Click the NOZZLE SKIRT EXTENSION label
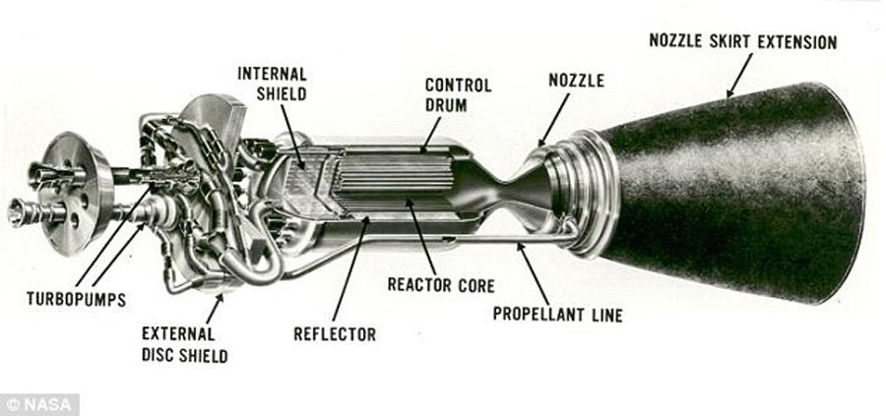coord(742,42)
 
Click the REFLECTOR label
coord(335,334)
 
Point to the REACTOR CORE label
coord(440,286)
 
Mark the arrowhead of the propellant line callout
coord(518,247)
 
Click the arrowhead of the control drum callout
coord(424,150)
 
